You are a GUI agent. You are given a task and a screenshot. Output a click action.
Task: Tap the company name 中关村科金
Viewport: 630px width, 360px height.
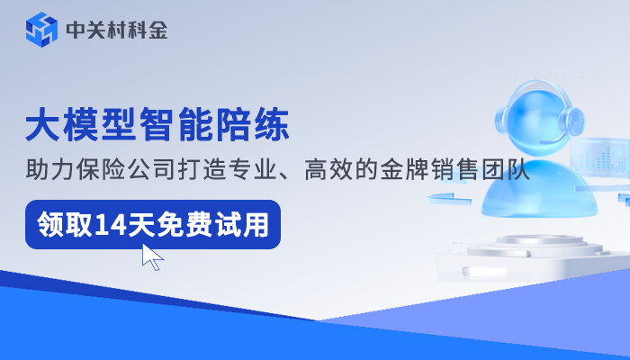click(x=116, y=31)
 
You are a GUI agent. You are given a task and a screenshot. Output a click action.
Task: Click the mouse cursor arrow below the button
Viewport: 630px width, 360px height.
click(x=152, y=257)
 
